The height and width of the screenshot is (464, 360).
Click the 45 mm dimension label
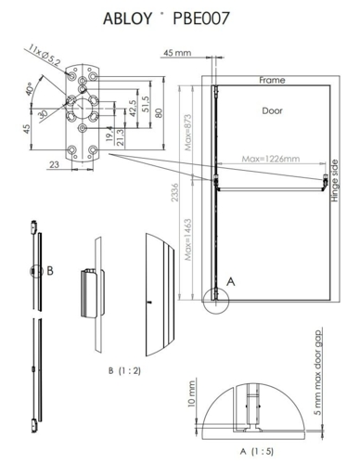[175, 54]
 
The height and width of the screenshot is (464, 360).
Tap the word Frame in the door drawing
[271, 81]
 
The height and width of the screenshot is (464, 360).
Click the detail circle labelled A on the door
[216, 298]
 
